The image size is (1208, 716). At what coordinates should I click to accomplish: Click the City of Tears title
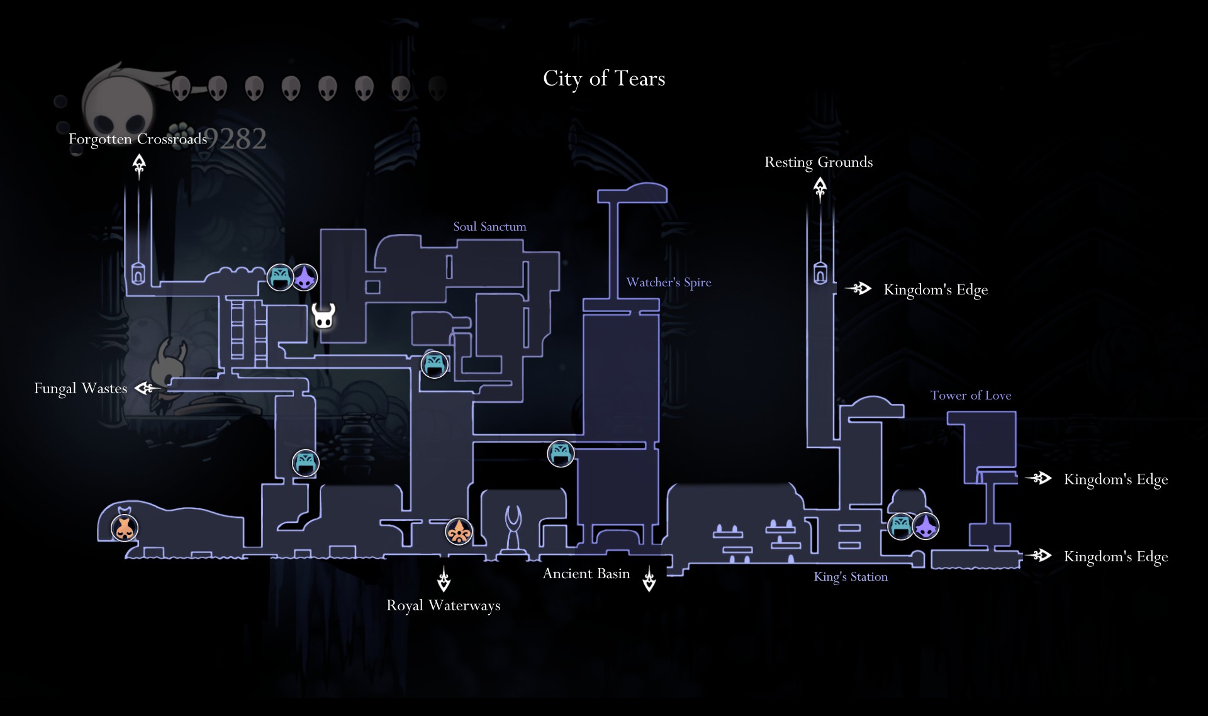[604, 79]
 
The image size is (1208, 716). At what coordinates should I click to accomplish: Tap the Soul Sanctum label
[489, 227]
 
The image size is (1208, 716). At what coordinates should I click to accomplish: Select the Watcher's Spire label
[669, 282]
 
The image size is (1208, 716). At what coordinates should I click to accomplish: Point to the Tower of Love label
[971, 395]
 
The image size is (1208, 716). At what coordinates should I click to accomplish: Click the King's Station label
[851, 576]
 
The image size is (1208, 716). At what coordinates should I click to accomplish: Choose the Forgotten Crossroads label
[138, 139]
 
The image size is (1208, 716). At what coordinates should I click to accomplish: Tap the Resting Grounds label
[819, 162]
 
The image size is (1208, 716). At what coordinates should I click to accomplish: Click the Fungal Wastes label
[81, 388]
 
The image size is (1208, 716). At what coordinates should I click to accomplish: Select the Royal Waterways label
[444, 605]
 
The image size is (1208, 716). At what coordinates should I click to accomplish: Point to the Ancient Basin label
[586, 574]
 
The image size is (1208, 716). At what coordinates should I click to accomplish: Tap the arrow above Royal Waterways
[444, 579]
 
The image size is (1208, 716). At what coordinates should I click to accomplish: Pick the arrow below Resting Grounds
[820, 187]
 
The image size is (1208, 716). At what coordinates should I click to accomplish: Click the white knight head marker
[323, 316]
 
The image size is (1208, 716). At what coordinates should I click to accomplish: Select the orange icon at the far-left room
[125, 528]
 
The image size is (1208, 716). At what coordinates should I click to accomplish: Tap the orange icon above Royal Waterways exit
[459, 532]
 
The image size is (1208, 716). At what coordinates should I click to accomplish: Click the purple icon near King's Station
[926, 526]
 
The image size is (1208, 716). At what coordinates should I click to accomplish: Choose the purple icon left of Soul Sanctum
[305, 277]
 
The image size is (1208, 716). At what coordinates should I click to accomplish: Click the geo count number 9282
[237, 139]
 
